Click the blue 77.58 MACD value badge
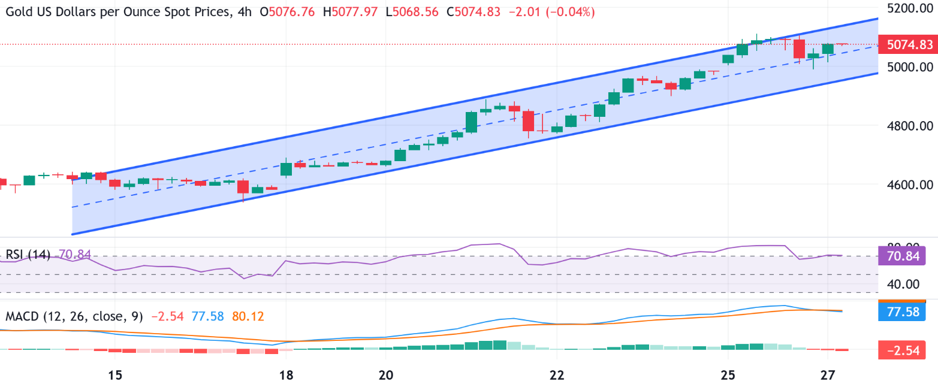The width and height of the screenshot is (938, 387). pos(902,311)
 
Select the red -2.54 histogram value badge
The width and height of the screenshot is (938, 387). pos(902,349)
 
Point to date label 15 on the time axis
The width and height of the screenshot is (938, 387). pos(115,374)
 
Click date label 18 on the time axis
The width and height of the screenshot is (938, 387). pos(286,374)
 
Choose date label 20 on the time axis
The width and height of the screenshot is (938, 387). pos(386,374)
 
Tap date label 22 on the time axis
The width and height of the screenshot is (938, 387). pos(557,374)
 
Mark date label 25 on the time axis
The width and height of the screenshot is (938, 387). pos(728,374)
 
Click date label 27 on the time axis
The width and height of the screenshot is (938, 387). pos(827,374)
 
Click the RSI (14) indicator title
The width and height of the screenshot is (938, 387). pos(28,255)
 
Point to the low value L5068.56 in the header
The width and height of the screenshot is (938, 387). pos(413,12)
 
